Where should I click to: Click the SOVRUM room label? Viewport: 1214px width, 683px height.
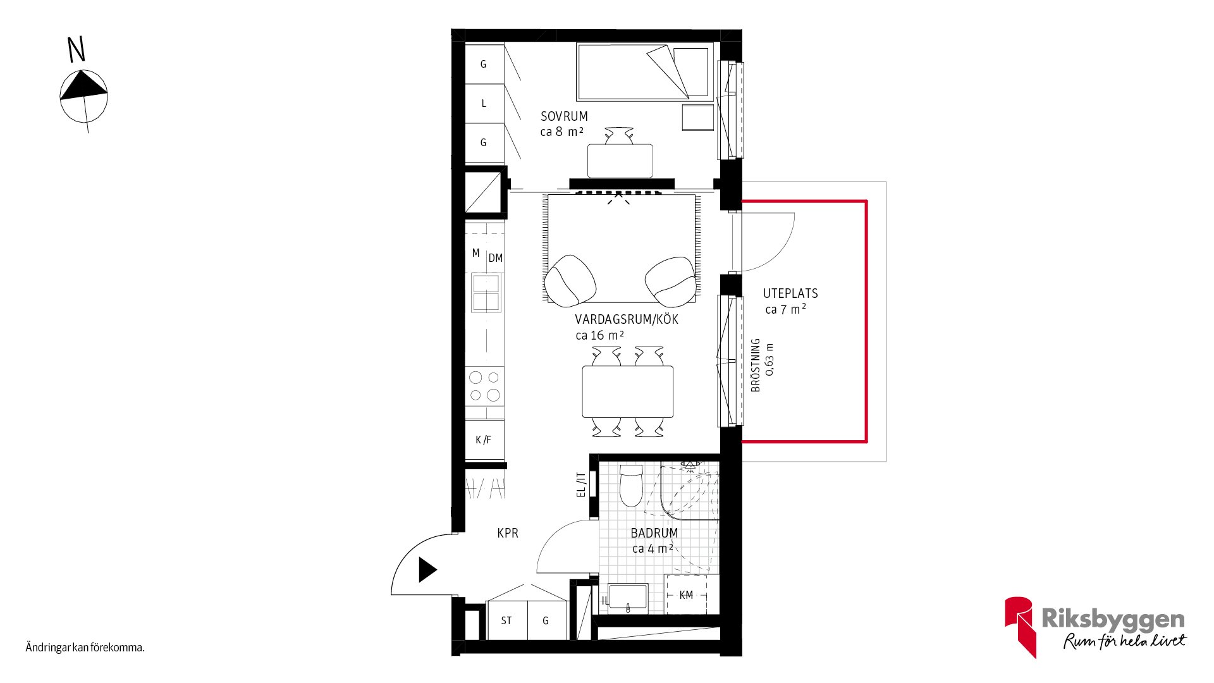point(564,116)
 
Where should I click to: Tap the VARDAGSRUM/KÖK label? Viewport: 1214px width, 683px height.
point(627,319)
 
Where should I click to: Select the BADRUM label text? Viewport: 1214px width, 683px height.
point(654,533)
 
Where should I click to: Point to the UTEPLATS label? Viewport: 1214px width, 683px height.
point(790,293)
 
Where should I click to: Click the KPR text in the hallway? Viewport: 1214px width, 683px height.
point(508,533)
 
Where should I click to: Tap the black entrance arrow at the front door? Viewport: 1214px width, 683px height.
point(427,570)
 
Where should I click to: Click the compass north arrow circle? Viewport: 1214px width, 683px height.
point(83,96)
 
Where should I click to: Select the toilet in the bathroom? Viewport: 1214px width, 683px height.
point(631,486)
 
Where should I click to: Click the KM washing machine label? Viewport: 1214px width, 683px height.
point(686,595)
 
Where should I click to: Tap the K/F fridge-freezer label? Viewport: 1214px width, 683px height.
point(483,440)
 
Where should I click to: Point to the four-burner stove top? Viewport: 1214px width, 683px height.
point(485,386)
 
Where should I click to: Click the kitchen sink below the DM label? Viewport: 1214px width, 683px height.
point(486,292)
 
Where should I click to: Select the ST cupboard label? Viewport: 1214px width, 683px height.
point(506,621)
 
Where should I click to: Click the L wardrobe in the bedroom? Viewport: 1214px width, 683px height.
point(484,103)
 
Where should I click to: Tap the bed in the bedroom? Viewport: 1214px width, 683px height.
point(645,72)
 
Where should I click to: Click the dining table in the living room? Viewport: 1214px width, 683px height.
point(628,391)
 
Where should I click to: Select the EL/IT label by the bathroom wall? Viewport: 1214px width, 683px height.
point(581,485)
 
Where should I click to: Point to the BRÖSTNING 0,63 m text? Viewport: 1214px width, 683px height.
point(762,365)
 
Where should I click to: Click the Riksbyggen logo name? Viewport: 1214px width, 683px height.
point(1113,618)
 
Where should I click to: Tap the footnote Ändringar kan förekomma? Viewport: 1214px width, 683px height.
point(85,648)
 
